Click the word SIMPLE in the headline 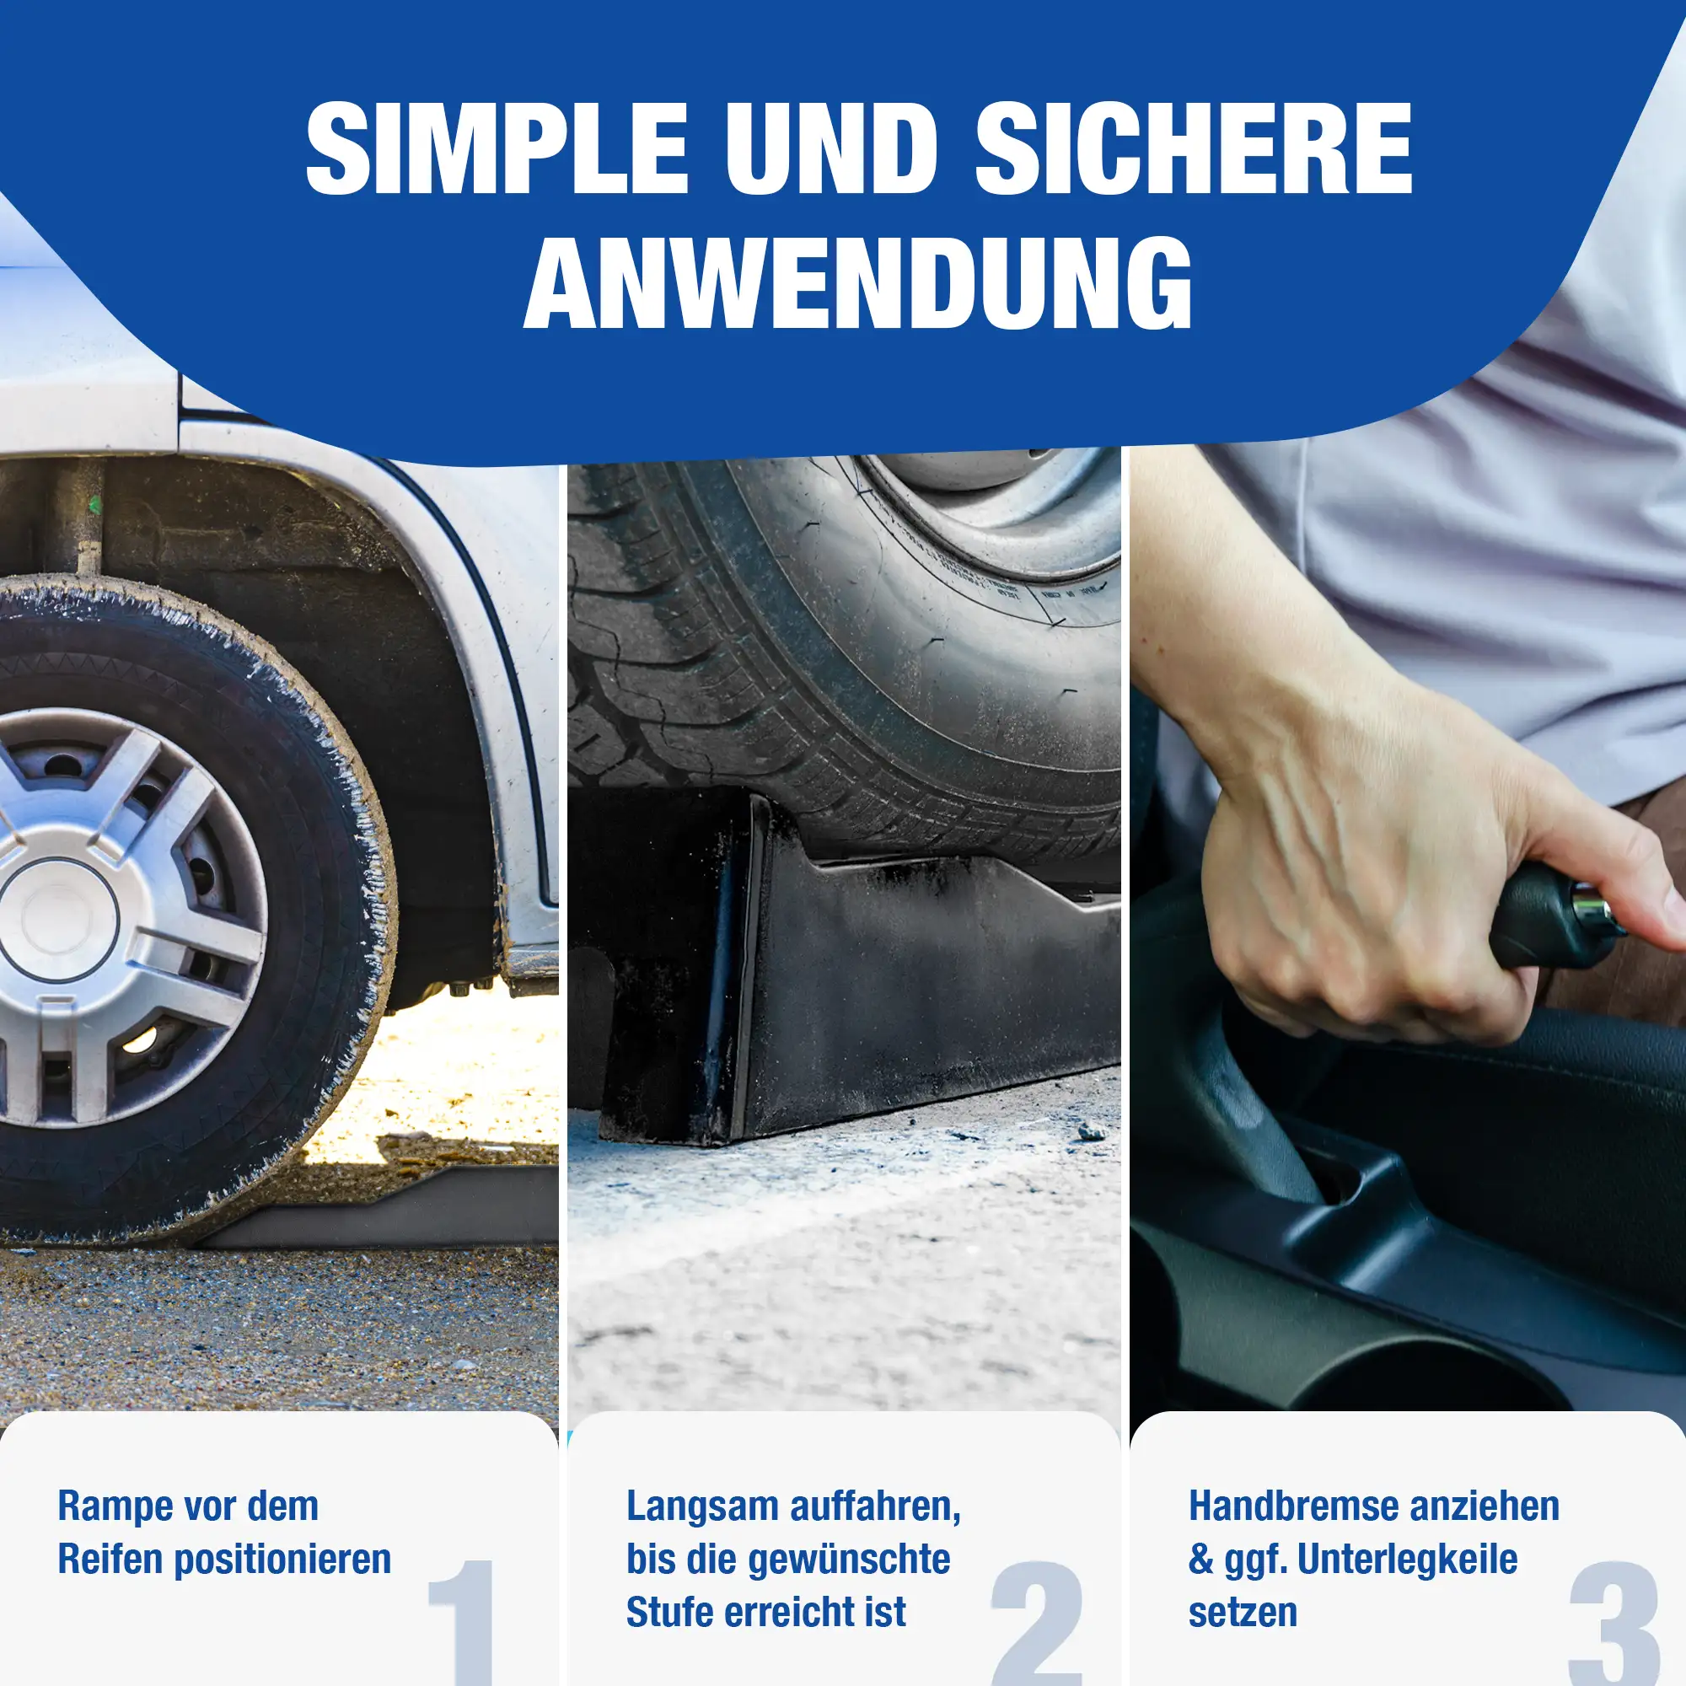click(x=497, y=148)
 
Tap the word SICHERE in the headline click(x=1193, y=148)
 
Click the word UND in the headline click(x=832, y=148)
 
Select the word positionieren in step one click(x=283, y=1561)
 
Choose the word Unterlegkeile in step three click(x=1408, y=1560)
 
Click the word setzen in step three click(x=1243, y=1613)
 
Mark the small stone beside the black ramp click(x=1092, y=1132)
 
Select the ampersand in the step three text click(x=1200, y=1560)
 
